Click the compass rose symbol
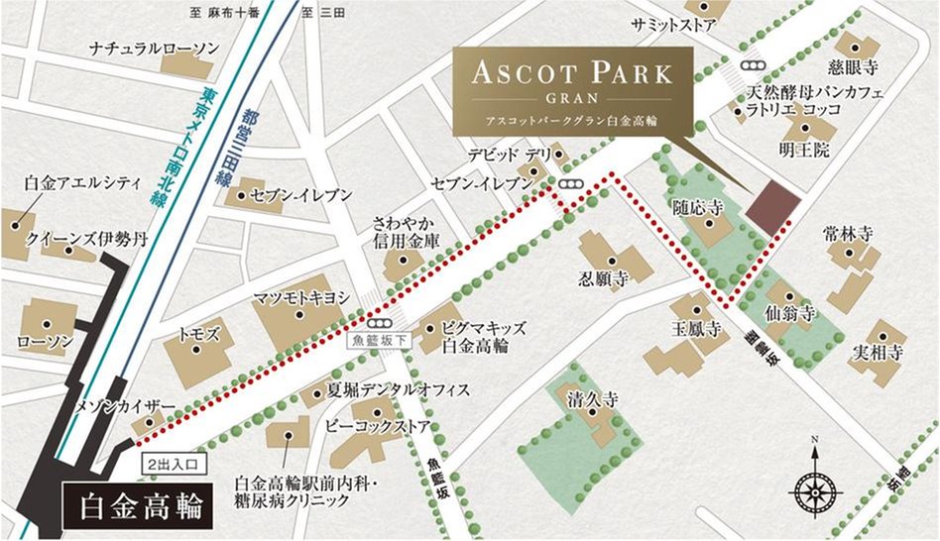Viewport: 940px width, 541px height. [813, 488]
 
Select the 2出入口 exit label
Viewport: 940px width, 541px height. [174, 462]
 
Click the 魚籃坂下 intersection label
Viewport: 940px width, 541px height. [377, 340]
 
